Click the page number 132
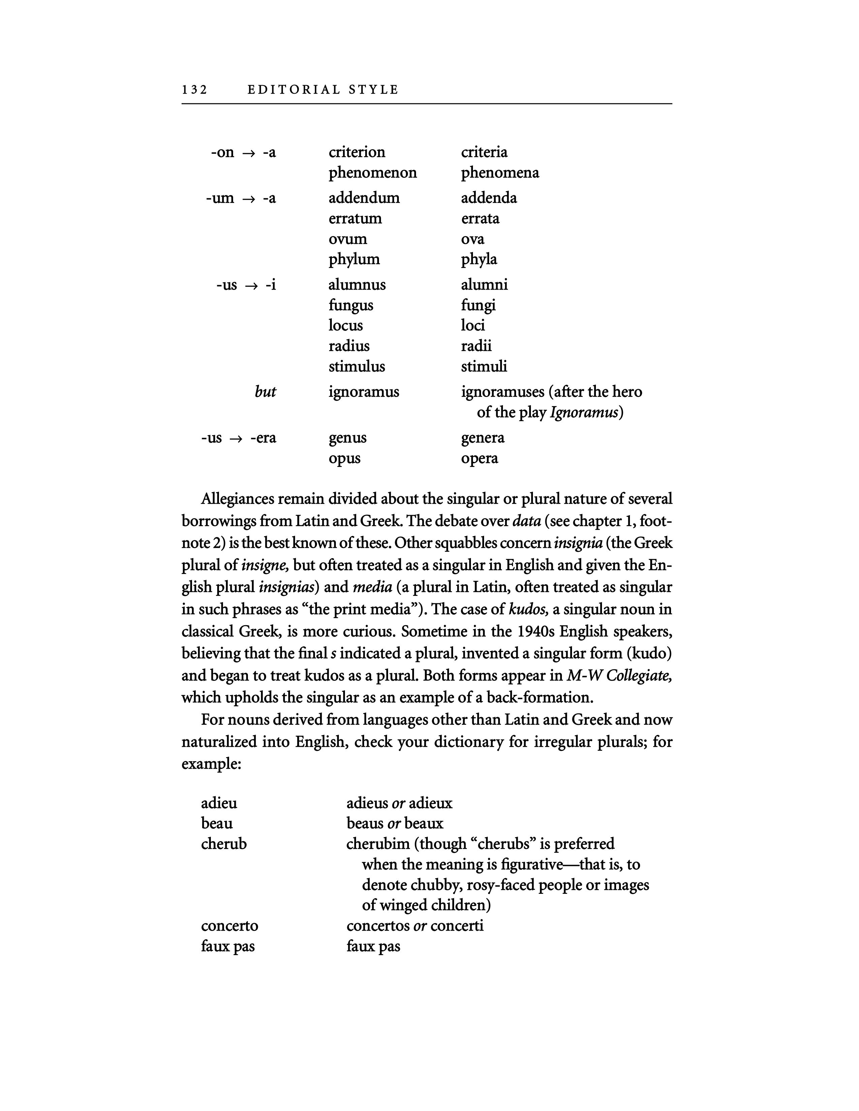[x=194, y=90]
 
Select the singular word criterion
[x=357, y=152]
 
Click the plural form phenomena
[x=500, y=173]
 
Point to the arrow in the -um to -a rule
[x=248, y=198]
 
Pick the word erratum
[x=355, y=219]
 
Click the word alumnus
[x=357, y=284]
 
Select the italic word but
[x=265, y=392]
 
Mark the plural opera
[x=479, y=458]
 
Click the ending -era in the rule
[x=263, y=438]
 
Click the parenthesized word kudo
[x=646, y=653]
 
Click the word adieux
[x=430, y=803]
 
